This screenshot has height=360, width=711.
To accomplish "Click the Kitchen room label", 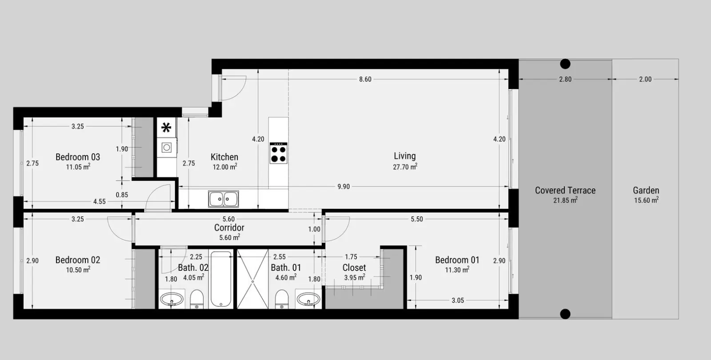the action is (224, 157).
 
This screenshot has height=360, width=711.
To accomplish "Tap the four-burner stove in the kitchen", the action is (278, 153).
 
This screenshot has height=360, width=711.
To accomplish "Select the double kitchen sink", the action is (224, 199).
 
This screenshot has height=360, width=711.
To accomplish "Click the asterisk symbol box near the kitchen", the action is (166, 128).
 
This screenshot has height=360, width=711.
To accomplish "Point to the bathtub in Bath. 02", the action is (221, 279).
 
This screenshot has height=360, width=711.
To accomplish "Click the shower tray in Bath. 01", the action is (253, 279).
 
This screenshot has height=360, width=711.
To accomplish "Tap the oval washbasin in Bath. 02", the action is (172, 299).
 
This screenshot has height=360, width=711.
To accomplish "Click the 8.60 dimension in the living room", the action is (365, 80).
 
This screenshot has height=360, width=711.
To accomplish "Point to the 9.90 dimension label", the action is (344, 187).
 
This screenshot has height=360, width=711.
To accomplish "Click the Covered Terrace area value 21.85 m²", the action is (565, 200).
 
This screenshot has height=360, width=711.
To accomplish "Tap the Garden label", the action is (646, 191).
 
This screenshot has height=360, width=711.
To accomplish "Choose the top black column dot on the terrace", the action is (565, 64).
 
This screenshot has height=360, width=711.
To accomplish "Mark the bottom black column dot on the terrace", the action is (565, 314).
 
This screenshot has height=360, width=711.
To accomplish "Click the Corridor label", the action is (229, 228).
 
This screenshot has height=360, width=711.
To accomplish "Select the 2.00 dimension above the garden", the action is (645, 80).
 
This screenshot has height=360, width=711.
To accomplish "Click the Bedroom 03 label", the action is (78, 157).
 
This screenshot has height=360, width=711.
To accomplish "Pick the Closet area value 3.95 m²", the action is (355, 277).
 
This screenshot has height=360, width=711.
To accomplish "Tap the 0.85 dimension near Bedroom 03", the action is (122, 195).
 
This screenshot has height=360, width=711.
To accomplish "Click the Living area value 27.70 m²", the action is (405, 167).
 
